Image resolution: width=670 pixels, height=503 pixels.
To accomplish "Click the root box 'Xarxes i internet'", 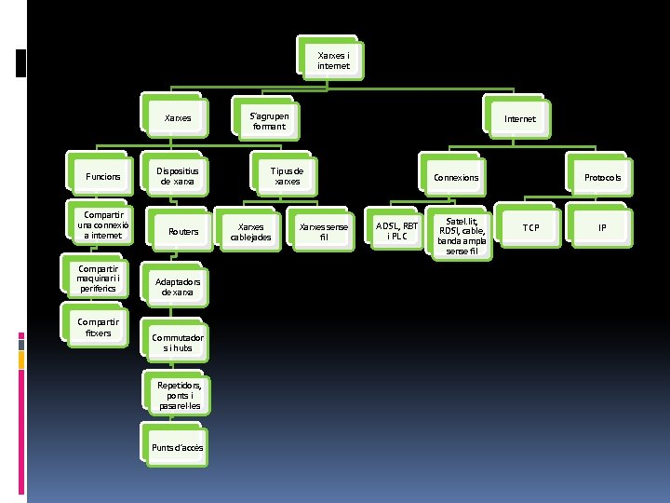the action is [x=333, y=61].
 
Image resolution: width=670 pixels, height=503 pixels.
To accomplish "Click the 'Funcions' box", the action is [x=103, y=177].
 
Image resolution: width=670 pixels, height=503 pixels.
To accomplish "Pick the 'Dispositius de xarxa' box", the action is [x=177, y=177].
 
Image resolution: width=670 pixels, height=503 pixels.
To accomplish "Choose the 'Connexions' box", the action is [x=456, y=177].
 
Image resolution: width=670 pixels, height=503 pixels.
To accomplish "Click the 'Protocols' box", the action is [x=602, y=177].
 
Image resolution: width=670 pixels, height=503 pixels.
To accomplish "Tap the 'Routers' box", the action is [x=182, y=231].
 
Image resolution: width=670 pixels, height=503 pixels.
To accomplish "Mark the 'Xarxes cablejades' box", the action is [x=250, y=231].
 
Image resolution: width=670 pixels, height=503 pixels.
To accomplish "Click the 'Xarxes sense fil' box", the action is [x=324, y=231].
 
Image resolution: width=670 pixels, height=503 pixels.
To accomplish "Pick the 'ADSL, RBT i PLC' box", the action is [x=397, y=230].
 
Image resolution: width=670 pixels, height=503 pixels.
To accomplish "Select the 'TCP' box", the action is [x=529, y=227].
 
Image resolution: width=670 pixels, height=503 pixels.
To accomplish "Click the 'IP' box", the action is [x=602, y=227].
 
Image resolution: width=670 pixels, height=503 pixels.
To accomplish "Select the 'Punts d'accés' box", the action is [x=178, y=448].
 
